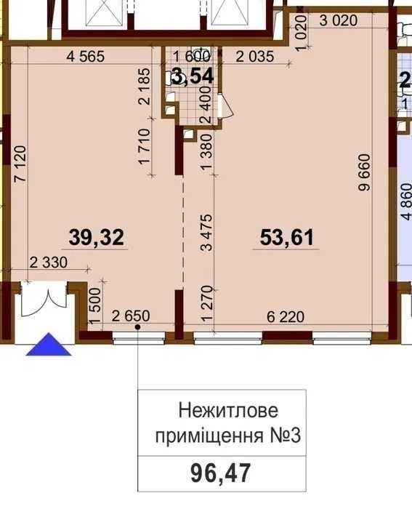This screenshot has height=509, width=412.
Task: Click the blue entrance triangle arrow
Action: (49, 345)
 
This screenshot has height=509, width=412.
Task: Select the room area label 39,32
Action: (97, 237)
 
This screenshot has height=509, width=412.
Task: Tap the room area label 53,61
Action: (287, 237)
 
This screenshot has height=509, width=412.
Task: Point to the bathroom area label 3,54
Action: (193, 77)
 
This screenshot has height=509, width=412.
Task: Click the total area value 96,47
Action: (221, 473)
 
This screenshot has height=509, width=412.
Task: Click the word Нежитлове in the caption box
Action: (228, 410)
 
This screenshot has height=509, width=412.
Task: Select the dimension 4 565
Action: (85, 57)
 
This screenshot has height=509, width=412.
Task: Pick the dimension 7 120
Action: (20, 164)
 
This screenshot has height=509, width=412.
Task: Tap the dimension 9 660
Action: (364, 172)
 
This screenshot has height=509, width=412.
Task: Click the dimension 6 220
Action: (286, 316)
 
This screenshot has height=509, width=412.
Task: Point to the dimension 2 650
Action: (131, 316)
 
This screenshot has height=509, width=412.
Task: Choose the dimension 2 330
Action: (49, 262)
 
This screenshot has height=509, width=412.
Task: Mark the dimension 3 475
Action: (206, 233)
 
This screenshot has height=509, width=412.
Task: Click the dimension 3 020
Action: (339, 21)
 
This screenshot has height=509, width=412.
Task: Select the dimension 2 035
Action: (255, 57)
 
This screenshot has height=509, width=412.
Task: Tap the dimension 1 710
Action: (145, 147)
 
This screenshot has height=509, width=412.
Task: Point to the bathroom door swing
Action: (227, 106)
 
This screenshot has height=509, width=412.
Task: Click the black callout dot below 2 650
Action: (137, 327)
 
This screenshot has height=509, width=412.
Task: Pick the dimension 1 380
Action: (206, 152)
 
